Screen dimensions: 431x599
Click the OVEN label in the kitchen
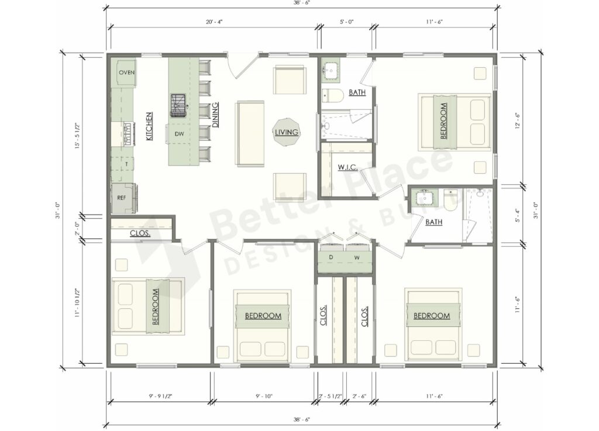click(x=127, y=73)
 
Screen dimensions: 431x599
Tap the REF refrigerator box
click(x=122, y=198)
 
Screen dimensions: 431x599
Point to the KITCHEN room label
click(x=149, y=126)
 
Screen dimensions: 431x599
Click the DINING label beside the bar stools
click(x=216, y=115)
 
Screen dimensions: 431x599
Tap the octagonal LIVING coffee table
click(x=287, y=133)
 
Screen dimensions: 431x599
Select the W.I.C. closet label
click(x=347, y=167)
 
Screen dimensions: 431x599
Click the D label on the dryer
click(x=331, y=257)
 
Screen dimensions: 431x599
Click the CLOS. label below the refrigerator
click(x=140, y=233)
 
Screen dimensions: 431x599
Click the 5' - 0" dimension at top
click(x=346, y=21)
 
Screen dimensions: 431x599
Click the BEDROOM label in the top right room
click(x=443, y=121)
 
